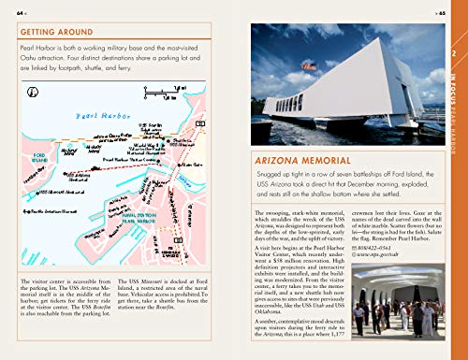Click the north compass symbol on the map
[35, 92]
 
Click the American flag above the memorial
[310, 67]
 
